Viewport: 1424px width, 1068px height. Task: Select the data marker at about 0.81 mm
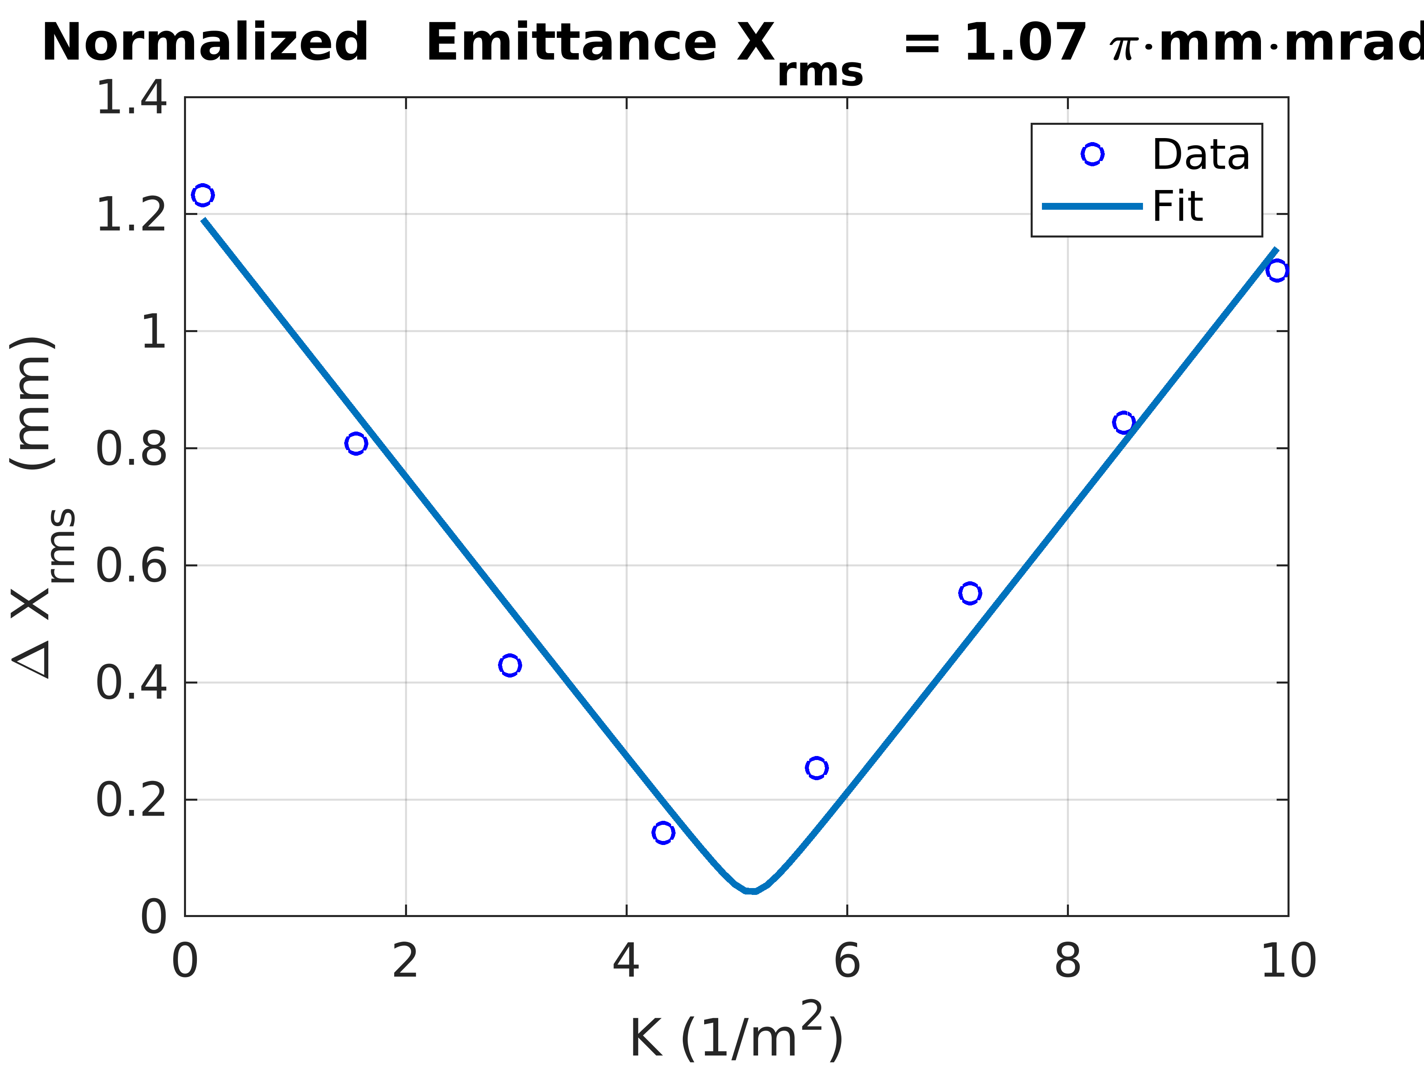coord(356,444)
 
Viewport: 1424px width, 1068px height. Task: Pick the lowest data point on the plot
coord(663,833)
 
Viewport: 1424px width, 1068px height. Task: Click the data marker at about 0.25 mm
coord(816,768)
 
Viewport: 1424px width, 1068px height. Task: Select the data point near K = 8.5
coord(1123,423)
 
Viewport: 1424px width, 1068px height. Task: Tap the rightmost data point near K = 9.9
coord(1277,271)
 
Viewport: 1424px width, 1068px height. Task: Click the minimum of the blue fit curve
coord(751,891)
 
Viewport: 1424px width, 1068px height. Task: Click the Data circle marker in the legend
coord(1093,155)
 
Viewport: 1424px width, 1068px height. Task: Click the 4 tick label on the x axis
coord(626,963)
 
